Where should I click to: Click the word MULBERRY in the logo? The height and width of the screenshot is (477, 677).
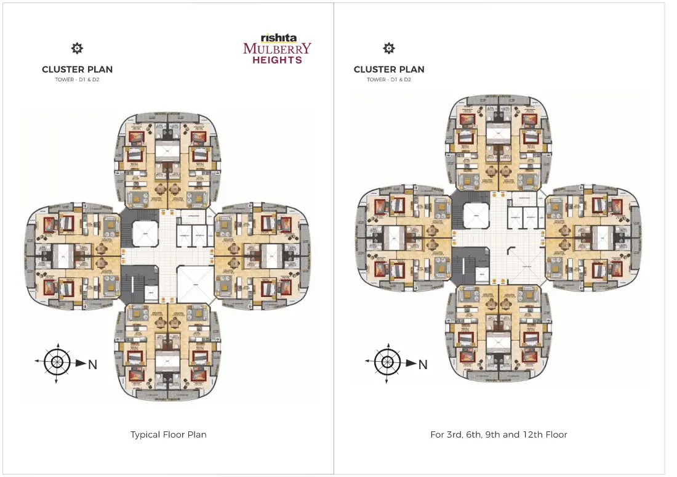coord(277,49)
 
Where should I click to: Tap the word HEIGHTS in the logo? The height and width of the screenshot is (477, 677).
coord(277,60)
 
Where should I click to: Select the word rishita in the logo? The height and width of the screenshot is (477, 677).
coord(278,38)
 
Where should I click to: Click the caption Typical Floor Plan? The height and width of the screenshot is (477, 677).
coord(168,434)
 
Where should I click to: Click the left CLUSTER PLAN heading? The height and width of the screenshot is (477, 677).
coord(77,70)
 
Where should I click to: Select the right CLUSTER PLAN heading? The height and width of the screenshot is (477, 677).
coord(389,70)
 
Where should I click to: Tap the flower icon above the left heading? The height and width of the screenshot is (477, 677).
coord(77,49)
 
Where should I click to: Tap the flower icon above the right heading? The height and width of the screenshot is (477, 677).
coord(389,49)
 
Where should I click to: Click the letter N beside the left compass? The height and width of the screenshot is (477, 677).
coord(92,365)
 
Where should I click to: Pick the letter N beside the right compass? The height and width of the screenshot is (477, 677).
coord(423,365)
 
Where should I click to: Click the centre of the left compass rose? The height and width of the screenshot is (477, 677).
coord(57,362)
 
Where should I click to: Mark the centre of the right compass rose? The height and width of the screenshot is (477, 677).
coord(387,362)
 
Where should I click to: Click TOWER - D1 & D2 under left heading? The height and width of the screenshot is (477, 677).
coord(77,80)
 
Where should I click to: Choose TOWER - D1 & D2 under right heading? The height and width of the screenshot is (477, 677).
coord(389,80)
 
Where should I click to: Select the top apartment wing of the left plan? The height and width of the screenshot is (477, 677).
coord(167,160)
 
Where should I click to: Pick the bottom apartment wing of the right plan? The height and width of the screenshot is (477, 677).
coord(499,336)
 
